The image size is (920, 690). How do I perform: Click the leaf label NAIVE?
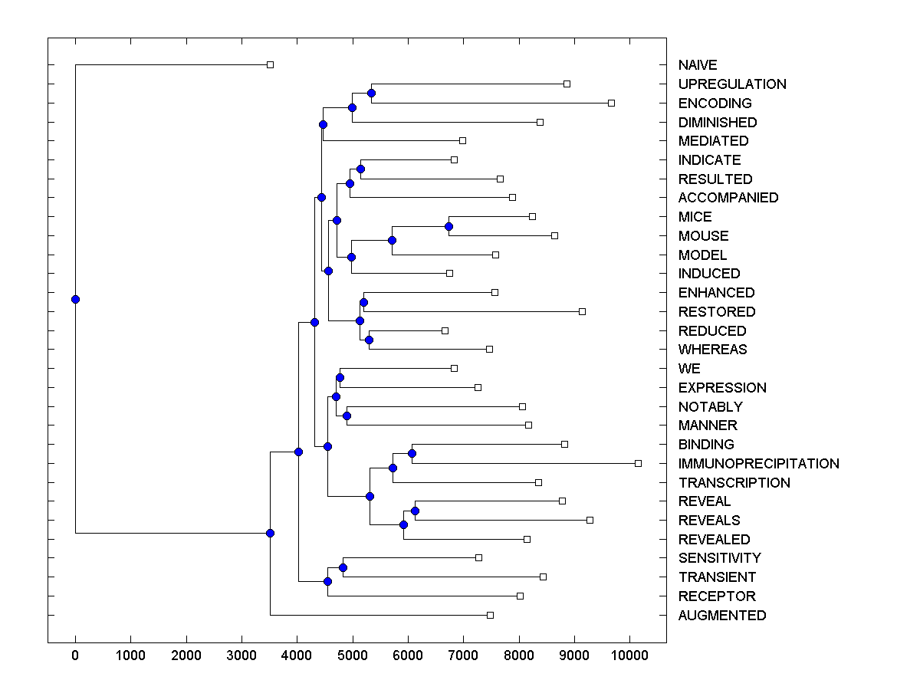click(698, 65)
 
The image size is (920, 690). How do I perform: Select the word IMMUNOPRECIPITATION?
click(758, 464)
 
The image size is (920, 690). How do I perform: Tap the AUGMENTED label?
click(721, 616)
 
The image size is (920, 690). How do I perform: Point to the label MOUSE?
click(703, 236)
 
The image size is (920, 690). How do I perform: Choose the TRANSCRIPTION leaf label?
click(734, 483)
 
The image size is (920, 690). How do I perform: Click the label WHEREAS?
click(712, 350)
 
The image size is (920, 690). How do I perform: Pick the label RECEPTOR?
click(716, 596)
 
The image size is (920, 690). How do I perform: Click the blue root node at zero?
click(75, 299)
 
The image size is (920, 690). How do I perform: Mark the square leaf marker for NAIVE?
click(270, 65)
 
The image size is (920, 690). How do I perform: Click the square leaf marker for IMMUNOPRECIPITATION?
click(638, 463)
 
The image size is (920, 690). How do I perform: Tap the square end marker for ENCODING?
click(611, 103)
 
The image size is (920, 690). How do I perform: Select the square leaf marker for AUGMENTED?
click(491, 615)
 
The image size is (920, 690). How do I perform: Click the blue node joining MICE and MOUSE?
click(449, 226)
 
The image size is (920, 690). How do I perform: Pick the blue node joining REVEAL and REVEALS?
click(415, 511)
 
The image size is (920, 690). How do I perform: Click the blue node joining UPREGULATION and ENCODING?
click(371, 94)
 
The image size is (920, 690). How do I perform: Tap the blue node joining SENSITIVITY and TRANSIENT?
click(343, 567)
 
